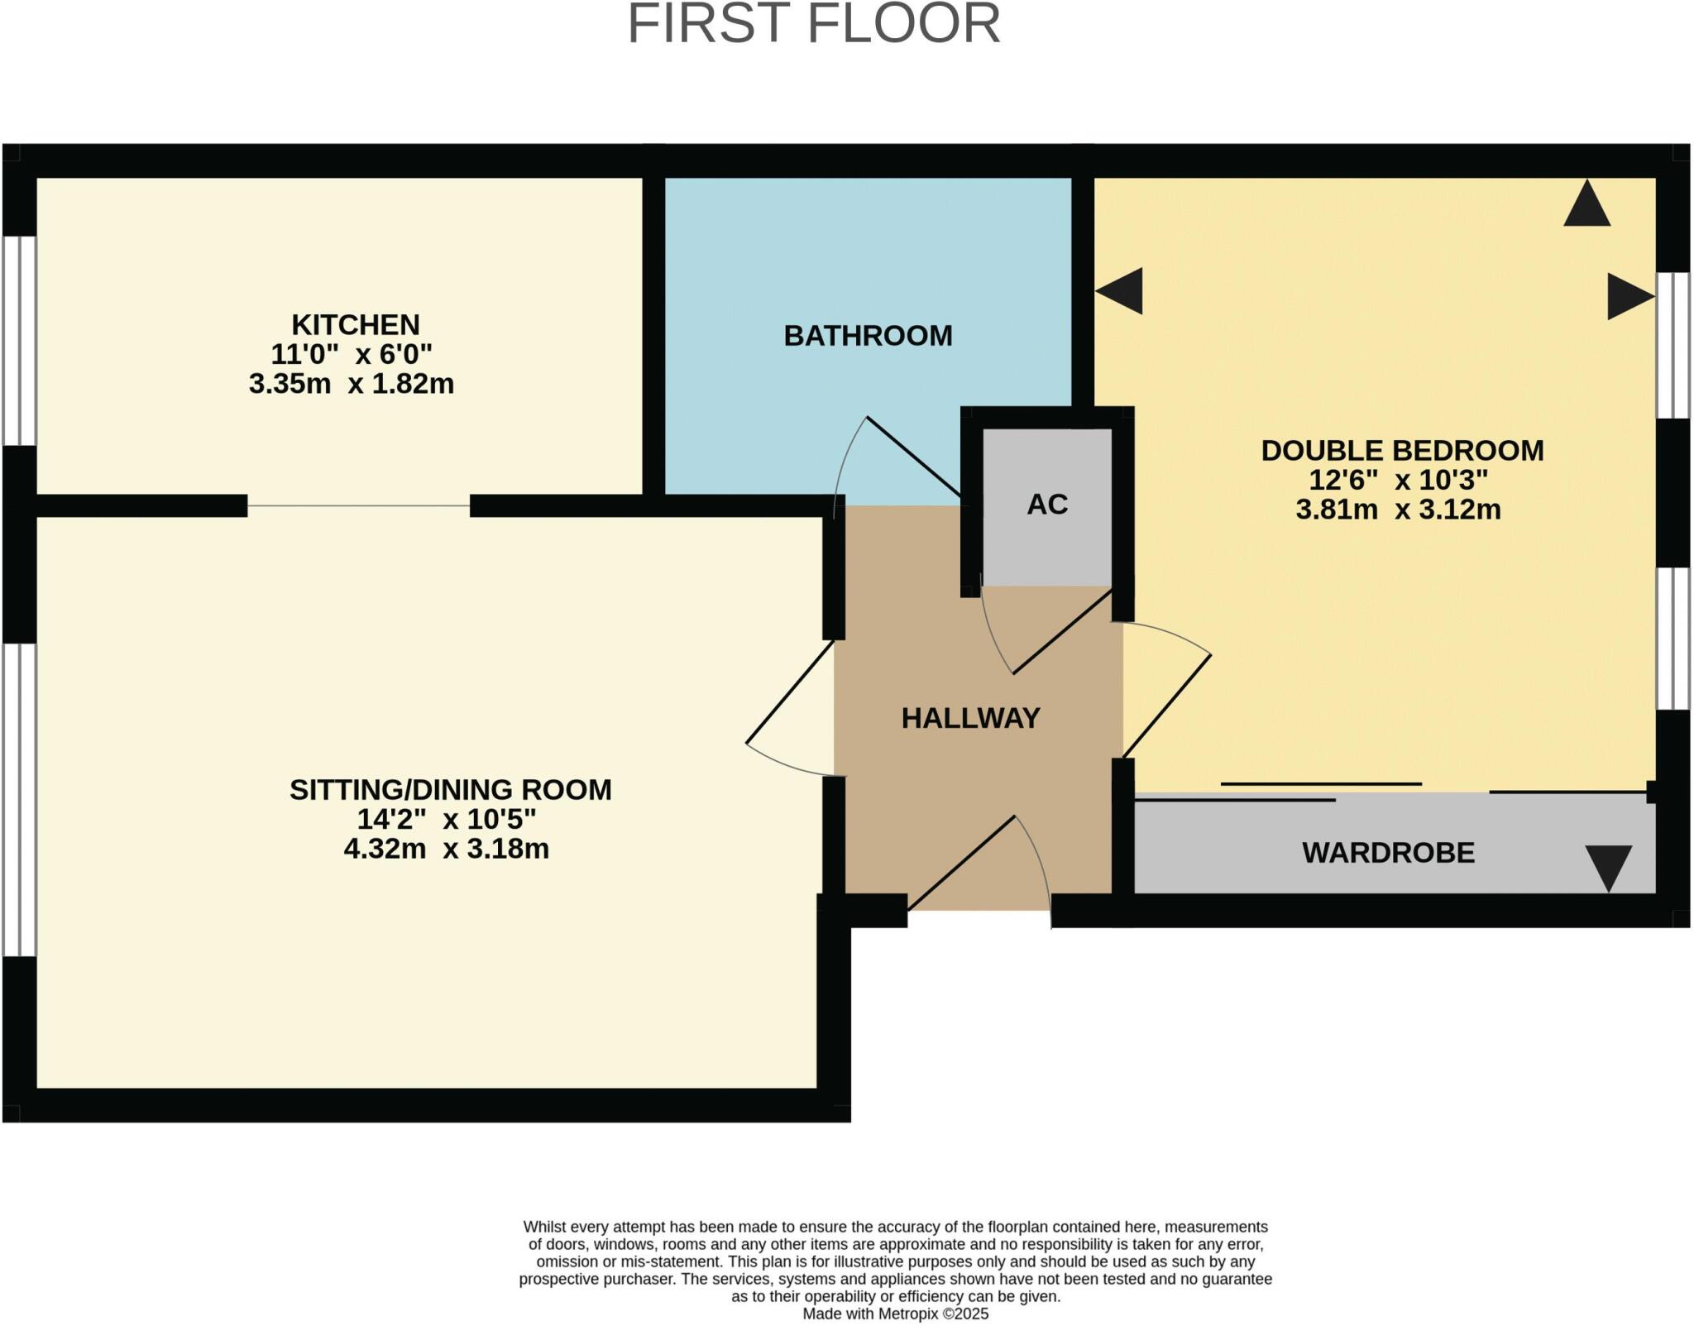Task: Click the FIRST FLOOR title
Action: coord(814,24)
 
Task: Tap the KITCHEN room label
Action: coord(355,324)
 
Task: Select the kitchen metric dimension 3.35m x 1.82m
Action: coord(352,384)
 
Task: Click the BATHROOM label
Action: coord(868,336)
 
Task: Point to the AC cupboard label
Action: coord(1047,505)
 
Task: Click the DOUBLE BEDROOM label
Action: coord(1402,451)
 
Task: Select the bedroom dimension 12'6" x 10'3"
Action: coord(1398,480)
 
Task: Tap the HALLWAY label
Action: coord(970,718)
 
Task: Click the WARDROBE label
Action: coord(1388,853)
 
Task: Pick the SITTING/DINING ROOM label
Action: coord(450,790)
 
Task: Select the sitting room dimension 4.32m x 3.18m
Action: coord(446,849)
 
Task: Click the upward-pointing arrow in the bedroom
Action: coord(1586,205)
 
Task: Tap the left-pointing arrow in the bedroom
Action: coord(1120,291)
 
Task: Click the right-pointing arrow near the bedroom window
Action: coord(1629,297)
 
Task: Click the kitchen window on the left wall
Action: coord(19,341)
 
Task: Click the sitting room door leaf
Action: coord(790,692)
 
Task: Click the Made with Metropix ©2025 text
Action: coord(895,1314)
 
